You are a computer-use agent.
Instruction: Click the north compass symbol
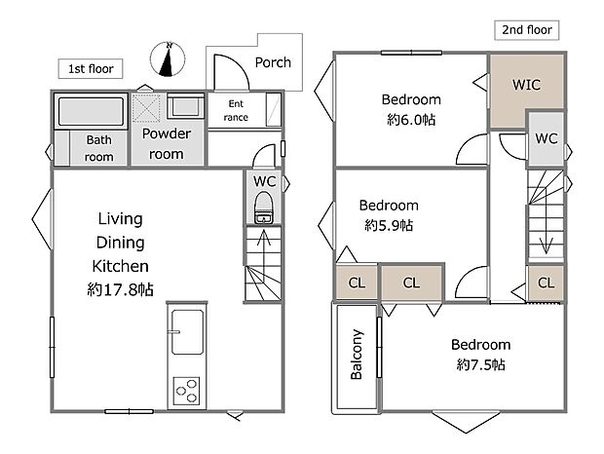coord(168,58)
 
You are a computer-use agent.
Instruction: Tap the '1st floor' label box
coord(91,69)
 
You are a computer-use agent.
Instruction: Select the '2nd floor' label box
coord(527,30)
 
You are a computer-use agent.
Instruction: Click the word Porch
coord(273,62)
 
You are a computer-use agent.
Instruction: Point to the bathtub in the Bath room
coord(91,111)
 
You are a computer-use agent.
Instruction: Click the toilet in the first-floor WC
coord(263,208)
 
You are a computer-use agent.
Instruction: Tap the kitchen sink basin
coord(187,332)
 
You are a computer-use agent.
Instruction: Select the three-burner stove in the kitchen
coord(187,391)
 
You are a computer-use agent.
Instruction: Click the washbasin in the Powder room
coord(186,106)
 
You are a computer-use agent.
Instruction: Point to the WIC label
coord(526,85)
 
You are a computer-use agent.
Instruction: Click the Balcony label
coord(357,355)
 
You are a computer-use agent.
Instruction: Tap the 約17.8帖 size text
coord(120,289)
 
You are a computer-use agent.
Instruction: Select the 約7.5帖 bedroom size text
coord(480,364)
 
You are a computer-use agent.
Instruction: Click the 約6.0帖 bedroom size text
coord(411,120)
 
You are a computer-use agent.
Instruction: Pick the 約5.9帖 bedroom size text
coord(389,225)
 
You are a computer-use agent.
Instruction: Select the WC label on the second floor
coord(547,138)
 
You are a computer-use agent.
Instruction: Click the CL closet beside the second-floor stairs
coord(546,284)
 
